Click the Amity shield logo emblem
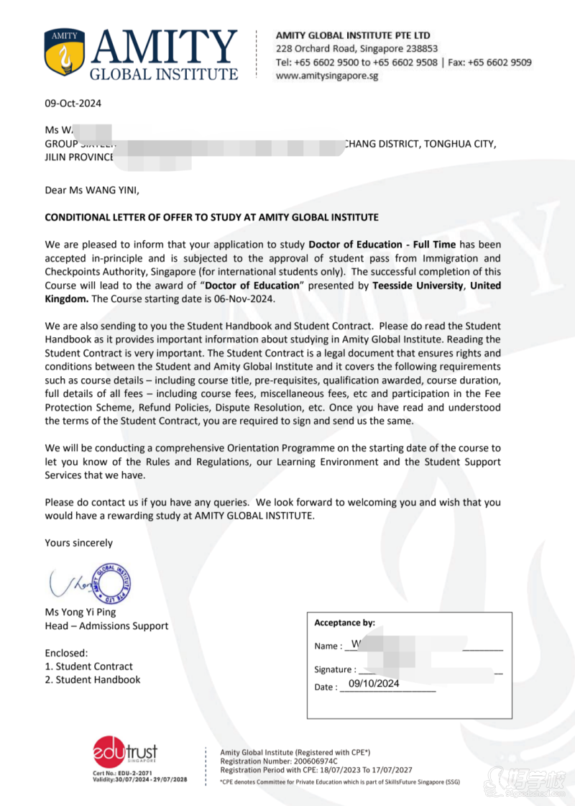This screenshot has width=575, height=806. click(65, 53)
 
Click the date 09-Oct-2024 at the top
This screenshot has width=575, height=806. click(73, 103)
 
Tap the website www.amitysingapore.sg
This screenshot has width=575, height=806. click(327, 75)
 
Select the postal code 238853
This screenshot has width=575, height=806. click(417, 49)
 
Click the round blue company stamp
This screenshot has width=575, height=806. click(114, 582)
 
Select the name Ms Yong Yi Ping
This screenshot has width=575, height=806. click(80, 613)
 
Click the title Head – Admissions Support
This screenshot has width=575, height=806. click(106, 626)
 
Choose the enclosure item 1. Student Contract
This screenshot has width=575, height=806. click(88, 667)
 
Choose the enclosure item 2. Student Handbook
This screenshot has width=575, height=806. click(92, 679)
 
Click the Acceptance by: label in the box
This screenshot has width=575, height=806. click(345, 623)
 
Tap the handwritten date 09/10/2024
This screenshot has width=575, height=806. click(374, 684)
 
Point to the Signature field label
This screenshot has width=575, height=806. click(335, 669)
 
